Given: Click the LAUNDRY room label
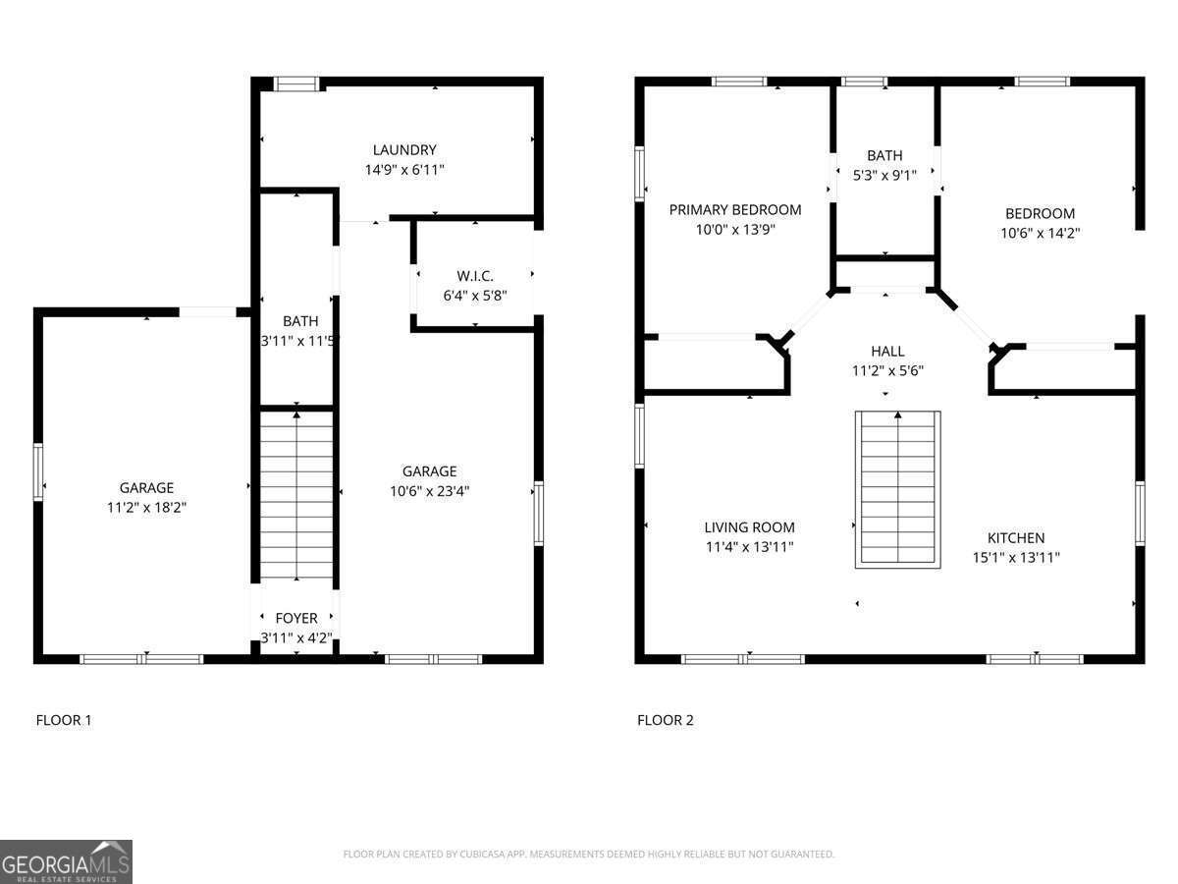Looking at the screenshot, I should (403, 150).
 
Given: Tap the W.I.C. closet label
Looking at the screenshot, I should (474, 275).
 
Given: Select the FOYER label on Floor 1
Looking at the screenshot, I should (295, 618).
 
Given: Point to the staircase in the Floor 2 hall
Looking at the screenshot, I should (897, 488).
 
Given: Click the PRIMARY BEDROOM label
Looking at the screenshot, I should (734, 209).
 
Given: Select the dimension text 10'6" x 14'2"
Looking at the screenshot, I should (1040, 233).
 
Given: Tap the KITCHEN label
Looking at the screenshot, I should (1015, 538).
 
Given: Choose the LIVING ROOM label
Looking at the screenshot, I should (749, 527).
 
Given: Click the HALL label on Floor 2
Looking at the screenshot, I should (887, 351).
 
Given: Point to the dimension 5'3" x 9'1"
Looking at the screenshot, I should (884, 175).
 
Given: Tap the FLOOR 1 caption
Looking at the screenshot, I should (64, 720).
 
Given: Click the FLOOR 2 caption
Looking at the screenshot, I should (665, 720).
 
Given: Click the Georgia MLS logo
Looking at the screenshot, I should (66, 861).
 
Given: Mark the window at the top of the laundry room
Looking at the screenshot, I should (296, 84).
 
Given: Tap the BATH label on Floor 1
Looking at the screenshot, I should (299, 321).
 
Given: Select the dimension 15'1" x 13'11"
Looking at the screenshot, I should (1015, 557).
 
